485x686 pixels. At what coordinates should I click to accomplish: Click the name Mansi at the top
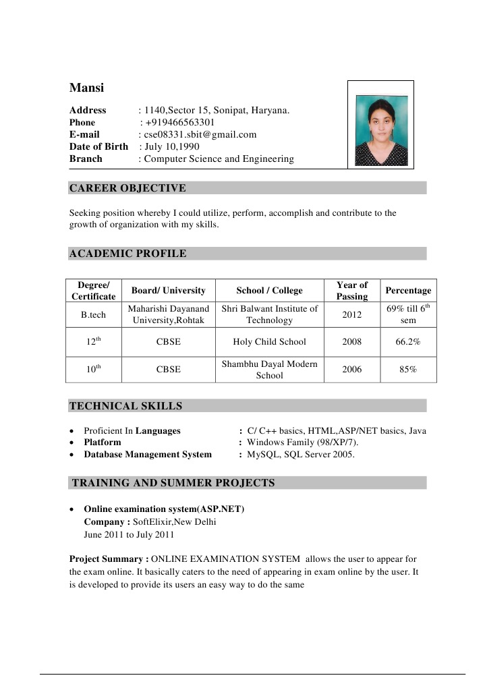[87, 88]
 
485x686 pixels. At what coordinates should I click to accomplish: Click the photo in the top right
[380, 124]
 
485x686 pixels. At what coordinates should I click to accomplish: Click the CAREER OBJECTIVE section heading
[127, 188]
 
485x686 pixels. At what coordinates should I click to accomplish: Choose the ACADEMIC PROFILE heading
[127, 254]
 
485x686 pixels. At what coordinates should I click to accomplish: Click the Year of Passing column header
[352, 291]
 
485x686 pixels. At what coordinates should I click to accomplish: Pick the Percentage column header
[408, 291]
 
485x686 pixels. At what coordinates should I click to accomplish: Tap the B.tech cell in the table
[93, 315]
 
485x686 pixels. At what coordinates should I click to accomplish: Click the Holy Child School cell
[269, 342]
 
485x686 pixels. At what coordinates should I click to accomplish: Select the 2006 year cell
[352, 370]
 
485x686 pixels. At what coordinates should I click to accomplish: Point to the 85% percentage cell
[408, 370]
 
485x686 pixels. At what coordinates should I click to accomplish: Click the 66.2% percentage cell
[408, 342]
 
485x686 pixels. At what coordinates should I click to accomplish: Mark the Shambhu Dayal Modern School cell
[269, 370]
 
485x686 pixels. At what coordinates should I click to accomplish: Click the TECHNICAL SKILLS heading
[125, 406]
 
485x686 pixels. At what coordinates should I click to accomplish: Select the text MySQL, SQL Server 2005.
[301, 455]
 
